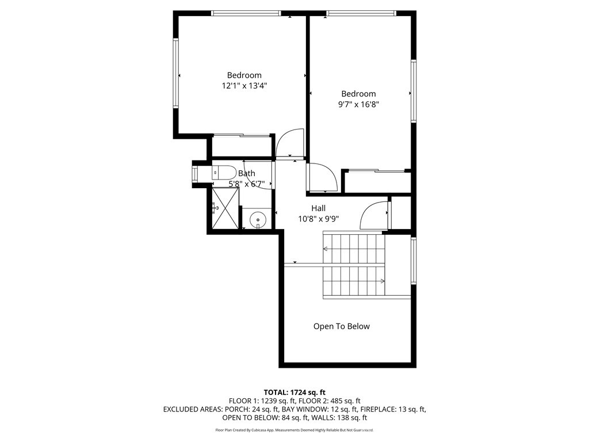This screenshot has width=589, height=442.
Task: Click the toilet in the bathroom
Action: (x=224, y=172)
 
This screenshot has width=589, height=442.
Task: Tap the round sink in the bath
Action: (x=258, y=219)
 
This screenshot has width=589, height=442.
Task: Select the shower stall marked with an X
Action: (x=223, y=207)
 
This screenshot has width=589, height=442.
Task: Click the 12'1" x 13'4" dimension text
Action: (x=244, y=86)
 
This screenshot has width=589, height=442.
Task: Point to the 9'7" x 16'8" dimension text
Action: (x=358, y=105)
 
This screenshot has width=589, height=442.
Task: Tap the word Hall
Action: (x=319, y=208)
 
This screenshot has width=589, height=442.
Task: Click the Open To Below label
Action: (x=342, y=326)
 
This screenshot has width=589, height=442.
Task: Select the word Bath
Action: (x=247, y=173)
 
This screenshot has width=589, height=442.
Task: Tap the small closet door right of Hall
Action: (x=375, y=215)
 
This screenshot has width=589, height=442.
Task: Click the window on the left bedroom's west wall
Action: (x=176, y=73)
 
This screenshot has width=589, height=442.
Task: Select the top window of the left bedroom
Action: (x=246, y=13)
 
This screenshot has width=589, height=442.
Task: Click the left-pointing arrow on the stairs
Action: (x=326, y=249)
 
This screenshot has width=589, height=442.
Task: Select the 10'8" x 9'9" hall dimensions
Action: (x=319, y=219)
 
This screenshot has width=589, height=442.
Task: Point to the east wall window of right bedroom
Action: (x=413, y=91)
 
